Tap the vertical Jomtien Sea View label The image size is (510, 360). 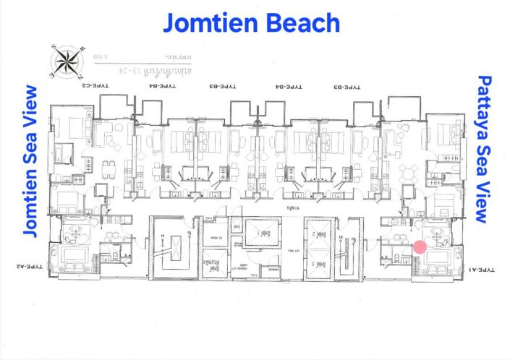(30, 161)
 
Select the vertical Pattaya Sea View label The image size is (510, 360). (483, 149)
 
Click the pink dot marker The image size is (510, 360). (420, 247)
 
